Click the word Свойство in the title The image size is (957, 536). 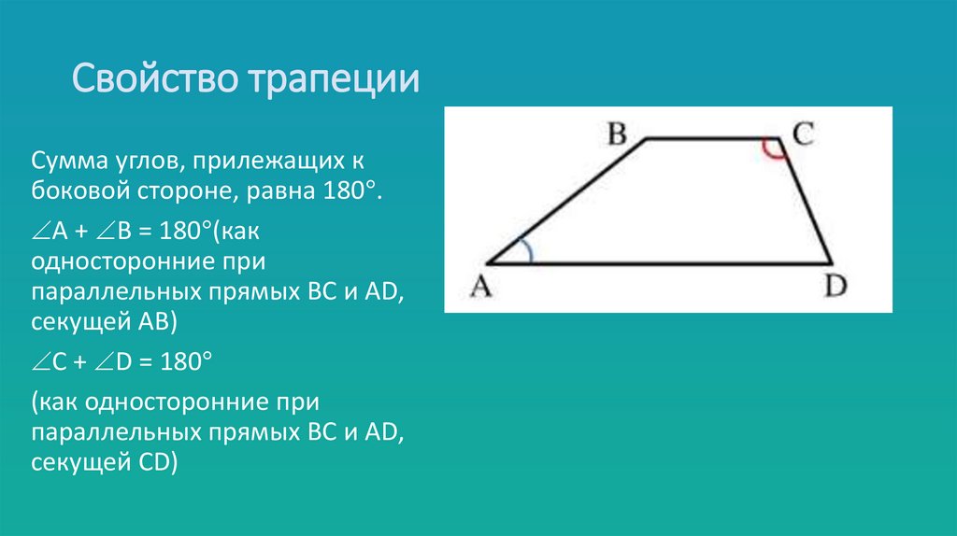coord(155,78)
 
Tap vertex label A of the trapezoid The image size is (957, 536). coord(480,288)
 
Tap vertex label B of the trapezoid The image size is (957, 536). coord(617,135)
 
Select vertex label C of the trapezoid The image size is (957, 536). coord(803,134)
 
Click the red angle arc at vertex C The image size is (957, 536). coord(773,150)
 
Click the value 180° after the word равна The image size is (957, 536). coord(348,195)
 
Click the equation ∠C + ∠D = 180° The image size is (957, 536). coord(122,361)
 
